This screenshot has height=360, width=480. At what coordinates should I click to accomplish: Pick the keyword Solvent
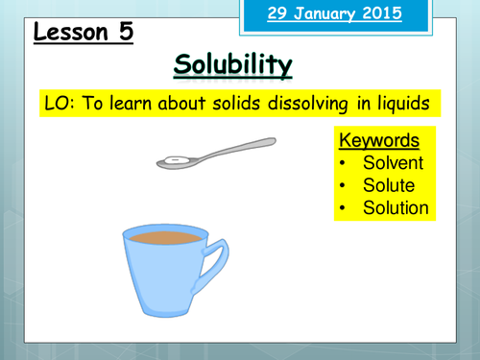click(395, 159)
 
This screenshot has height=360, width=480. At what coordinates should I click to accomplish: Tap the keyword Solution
click(396, 207)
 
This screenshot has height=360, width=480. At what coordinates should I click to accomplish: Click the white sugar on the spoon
click(174, 158)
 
